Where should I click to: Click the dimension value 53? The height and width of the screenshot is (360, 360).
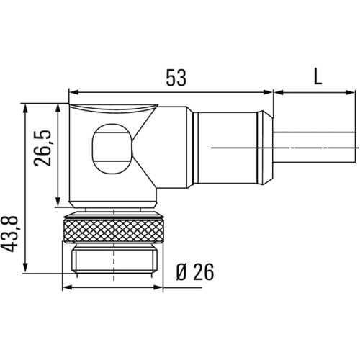[x=176, y=78]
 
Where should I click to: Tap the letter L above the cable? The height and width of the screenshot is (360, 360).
[x=318, y=76]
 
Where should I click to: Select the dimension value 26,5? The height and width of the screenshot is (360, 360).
[x=42, y=148]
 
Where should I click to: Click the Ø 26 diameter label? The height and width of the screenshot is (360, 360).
[x=195, y=272]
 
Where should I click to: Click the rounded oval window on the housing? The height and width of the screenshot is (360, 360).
[x=112, y=149]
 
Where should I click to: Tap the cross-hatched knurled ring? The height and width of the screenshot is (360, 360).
[x=114, y=230]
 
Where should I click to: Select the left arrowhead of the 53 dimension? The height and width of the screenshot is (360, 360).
[x=73, y=92]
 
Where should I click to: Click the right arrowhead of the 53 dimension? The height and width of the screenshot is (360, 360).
[x=269, y=92]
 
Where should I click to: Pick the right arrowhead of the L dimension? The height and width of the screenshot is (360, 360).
[x=350, y=92]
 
